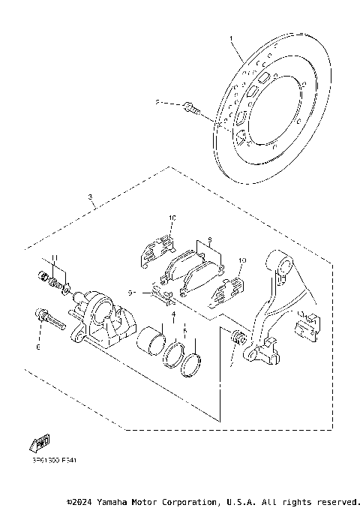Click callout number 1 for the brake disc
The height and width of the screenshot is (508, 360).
(232, 38)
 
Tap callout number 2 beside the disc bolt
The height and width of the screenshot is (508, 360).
(157, 102)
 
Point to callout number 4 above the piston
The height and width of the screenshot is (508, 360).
(172, 314)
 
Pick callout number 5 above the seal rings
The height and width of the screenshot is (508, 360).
(184, 329)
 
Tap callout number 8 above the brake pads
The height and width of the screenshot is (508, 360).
(211, 242)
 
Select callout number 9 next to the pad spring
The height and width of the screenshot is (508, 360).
(130, 293)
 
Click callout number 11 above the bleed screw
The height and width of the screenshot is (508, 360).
(54, 259)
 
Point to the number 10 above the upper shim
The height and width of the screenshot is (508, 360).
(171, 218)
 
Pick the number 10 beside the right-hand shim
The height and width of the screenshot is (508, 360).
(241, 262)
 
